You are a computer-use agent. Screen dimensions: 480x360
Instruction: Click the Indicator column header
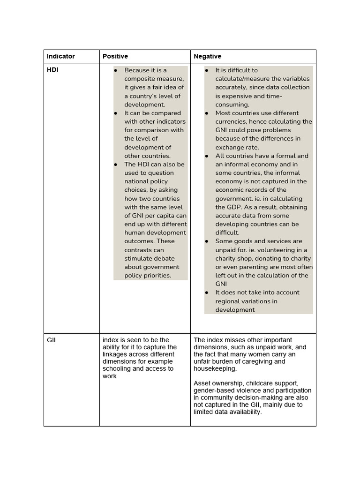[60, 56]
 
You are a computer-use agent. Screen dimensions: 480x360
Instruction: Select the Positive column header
[115, 56]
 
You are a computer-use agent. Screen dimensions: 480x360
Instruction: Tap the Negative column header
[207, 56]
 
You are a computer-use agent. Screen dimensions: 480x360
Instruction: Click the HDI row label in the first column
[52, 70]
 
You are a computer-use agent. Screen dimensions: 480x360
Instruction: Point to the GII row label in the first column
[51, 340]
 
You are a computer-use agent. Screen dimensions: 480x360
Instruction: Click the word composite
[139, 79]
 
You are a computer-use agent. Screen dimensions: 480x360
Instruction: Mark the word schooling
[118, 369]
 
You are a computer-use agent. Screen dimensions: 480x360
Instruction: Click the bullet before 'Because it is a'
[115, 70]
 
